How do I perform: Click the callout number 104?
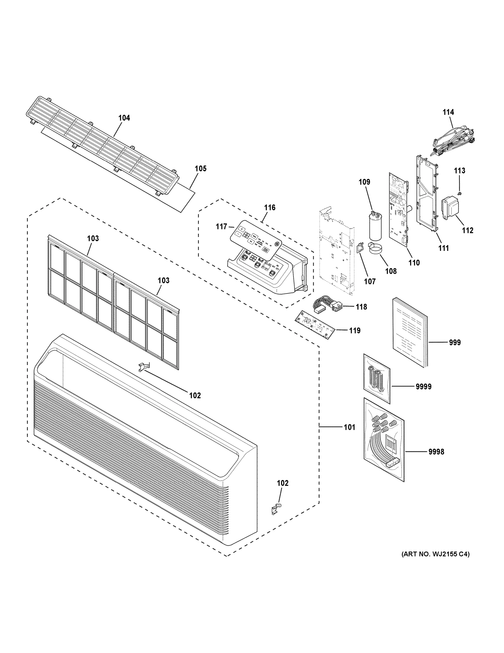124,118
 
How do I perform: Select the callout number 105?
200,169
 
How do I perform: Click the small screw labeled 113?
460,194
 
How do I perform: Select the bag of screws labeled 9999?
377,378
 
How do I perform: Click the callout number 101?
349,427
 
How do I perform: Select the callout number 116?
270,208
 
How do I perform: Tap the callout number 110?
414,263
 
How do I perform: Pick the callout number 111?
443,248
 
